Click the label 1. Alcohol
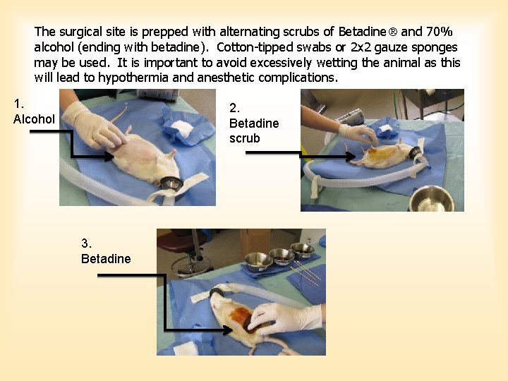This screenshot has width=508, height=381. [33, 111]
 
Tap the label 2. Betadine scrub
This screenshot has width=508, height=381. [253, 123]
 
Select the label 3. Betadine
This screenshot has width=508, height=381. [106, 252]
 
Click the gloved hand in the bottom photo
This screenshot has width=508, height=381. [282, 318]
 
